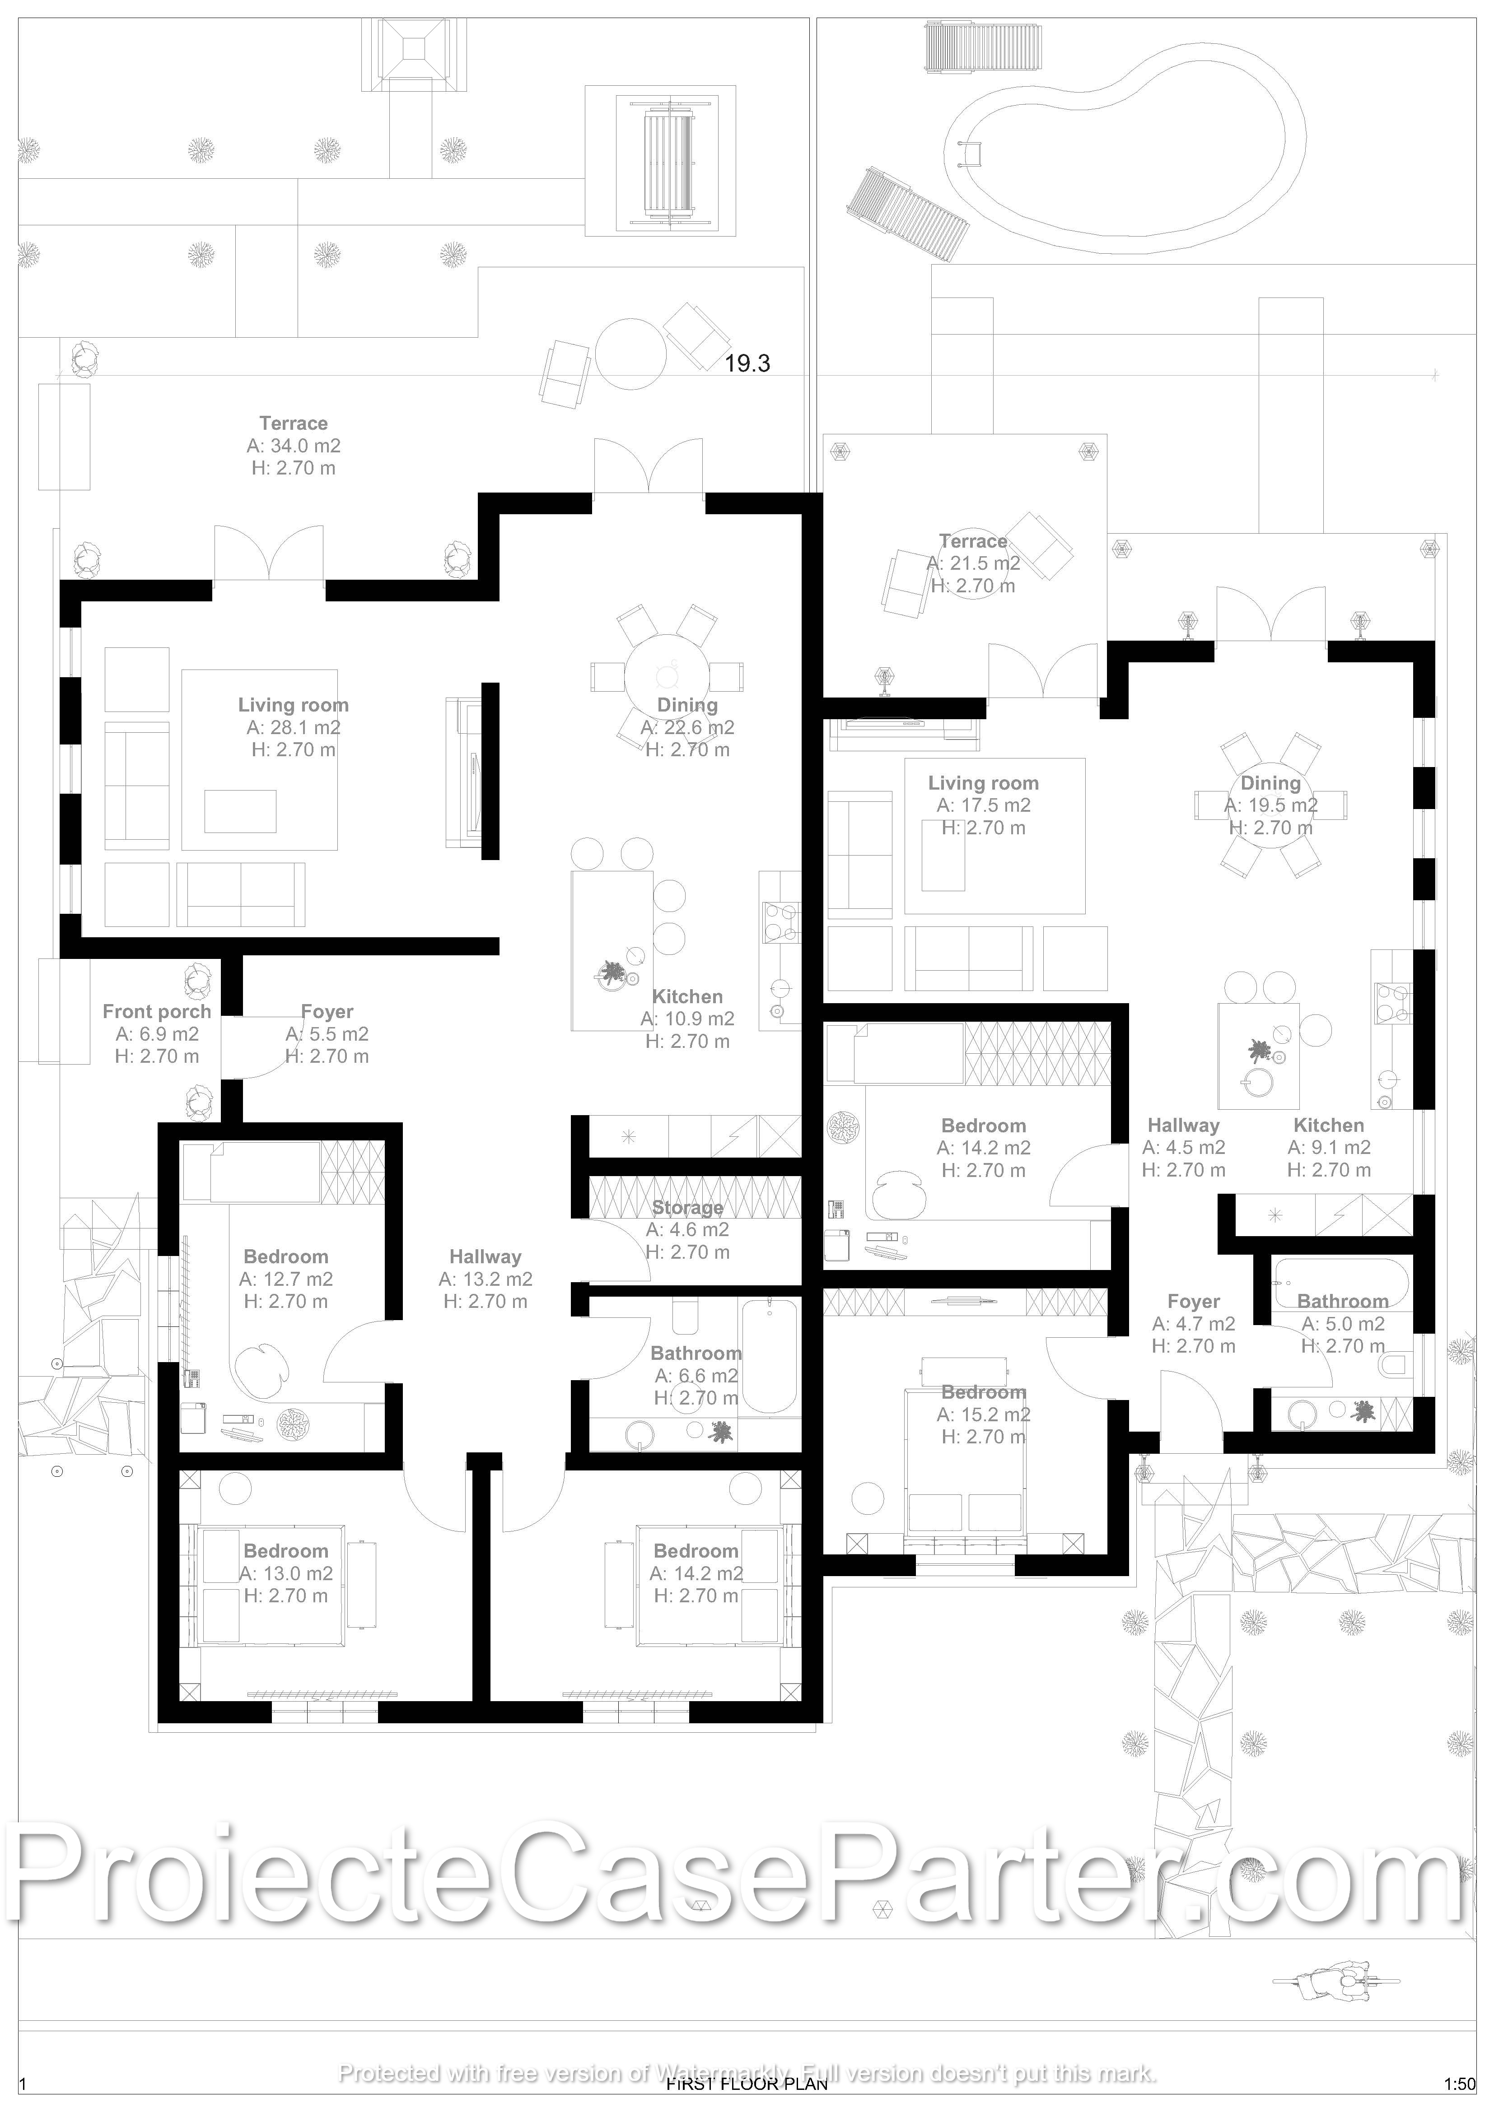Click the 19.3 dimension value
[x=747, y=363]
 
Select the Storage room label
[x=687, y=1208]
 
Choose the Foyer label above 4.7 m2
[x=1193, y=1302]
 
